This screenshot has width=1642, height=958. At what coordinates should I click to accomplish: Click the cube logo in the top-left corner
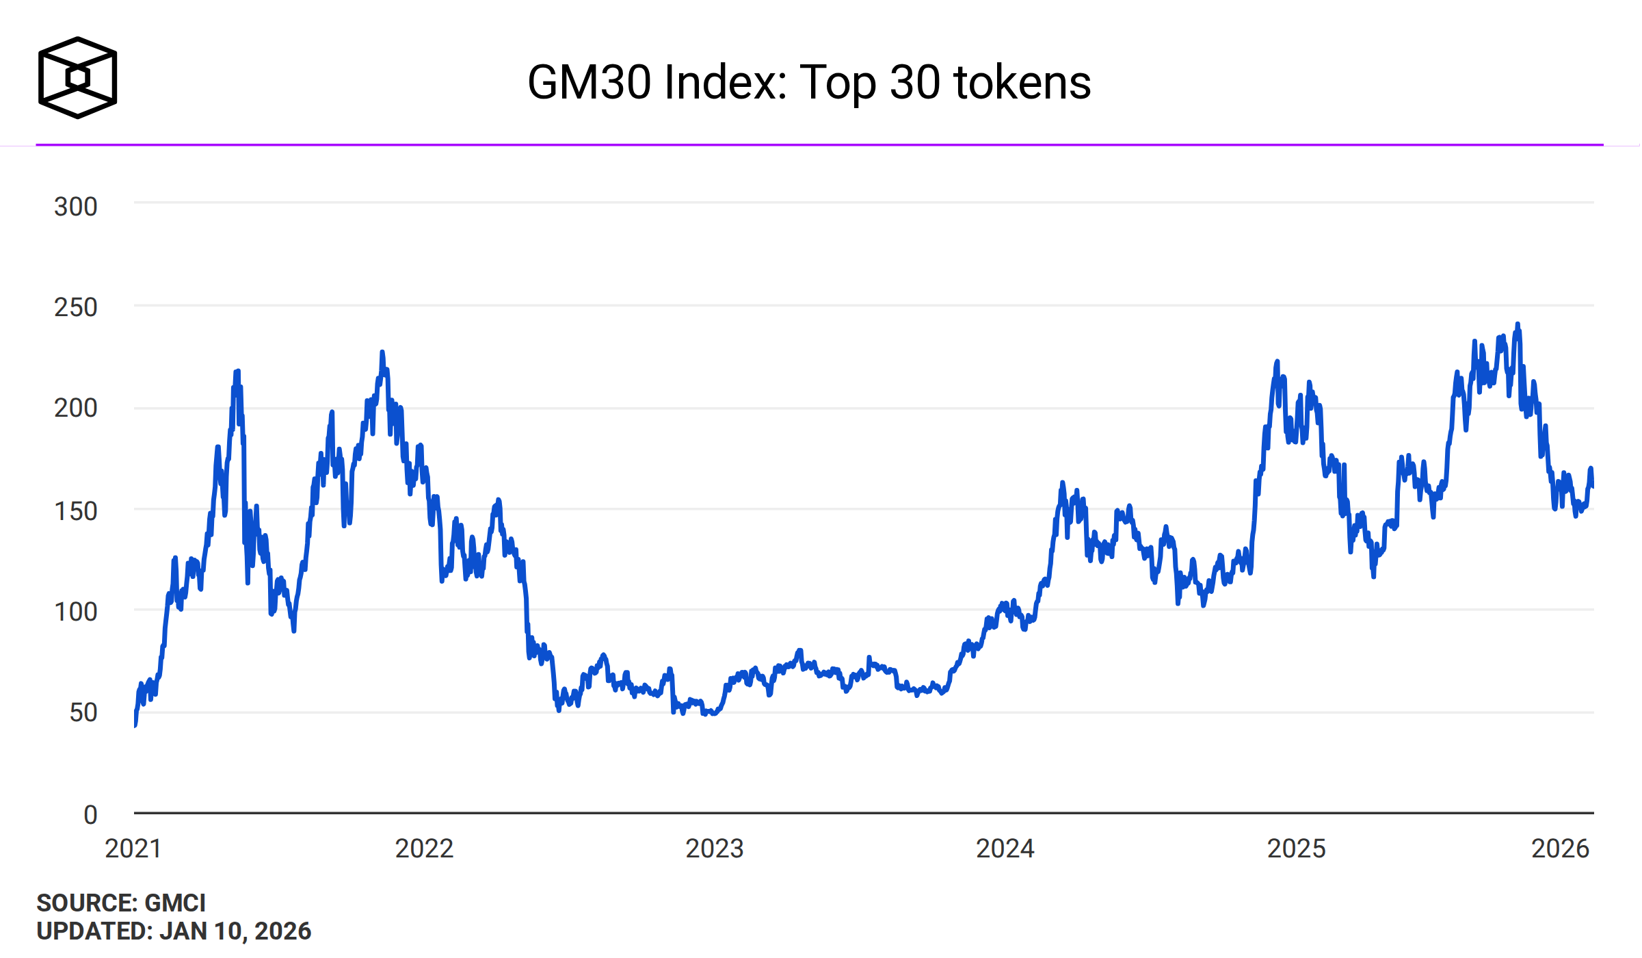click(x=77, y=77)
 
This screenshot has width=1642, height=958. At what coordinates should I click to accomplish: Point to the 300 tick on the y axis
click(x=76, y=207)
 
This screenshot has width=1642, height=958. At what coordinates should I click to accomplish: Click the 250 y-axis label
click(x=76, y=307)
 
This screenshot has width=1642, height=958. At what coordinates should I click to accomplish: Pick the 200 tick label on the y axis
click(x=76, y=408)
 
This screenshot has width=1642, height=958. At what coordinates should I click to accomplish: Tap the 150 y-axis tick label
click(x=76, y=510)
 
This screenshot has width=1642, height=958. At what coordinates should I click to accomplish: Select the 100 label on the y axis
click(x=76, y=611)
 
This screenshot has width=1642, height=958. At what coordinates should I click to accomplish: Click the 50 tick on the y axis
click(x=83, y=712)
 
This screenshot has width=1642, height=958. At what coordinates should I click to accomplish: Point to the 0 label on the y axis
click(x=90, y=814)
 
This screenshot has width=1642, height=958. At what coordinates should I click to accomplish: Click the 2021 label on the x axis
click(x=133, y=849)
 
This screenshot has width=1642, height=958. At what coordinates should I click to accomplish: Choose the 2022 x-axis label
click(x=424, y=849)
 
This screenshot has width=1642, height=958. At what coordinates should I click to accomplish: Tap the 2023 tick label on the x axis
click(x=715, y=849)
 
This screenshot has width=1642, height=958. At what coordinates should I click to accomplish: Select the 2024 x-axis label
click(x=1005, y=849)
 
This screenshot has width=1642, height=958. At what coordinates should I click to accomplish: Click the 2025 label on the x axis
click(x=1296, y=849)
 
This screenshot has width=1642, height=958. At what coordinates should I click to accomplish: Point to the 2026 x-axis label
click(x=1560, y=849)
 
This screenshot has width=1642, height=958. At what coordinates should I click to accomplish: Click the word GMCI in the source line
click(x=175, y=903)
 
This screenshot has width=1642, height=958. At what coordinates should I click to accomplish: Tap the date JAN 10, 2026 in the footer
click(x=235, y=931)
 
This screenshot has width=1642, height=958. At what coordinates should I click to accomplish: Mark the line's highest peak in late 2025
click(x=1518, y=324)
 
